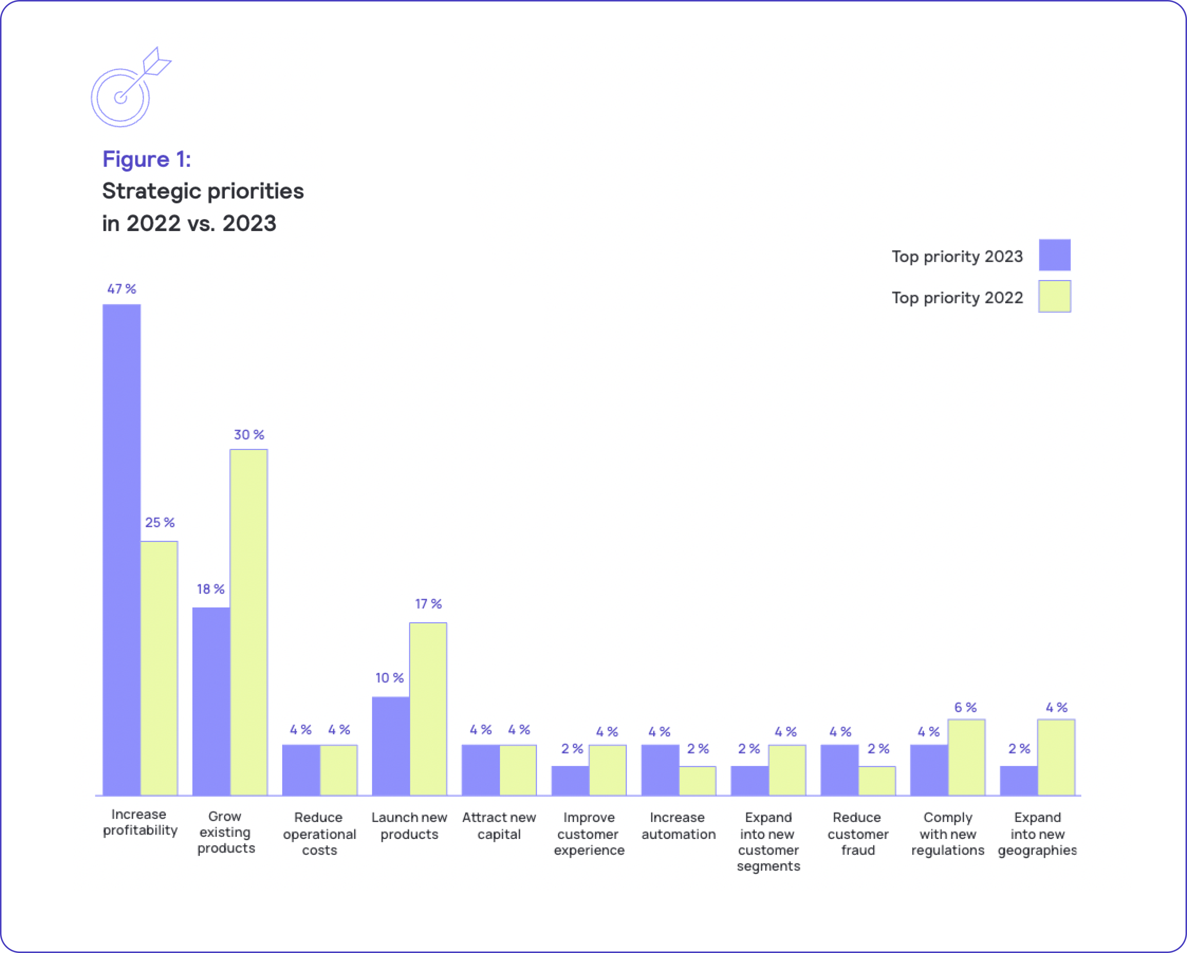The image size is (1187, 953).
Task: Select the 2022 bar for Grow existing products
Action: pyautogui.click(x=249, y=622)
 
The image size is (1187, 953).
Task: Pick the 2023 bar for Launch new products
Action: pyautogui.click(x=390, y=746)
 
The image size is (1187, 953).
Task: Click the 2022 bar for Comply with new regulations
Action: pyautogui.click(x=966, y=757)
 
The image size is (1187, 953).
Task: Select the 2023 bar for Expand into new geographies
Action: pyautogui.click(x=1018, y=781)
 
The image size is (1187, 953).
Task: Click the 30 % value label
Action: pyautogui.click(x=249, y=435)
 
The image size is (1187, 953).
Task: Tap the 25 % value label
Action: pyautogui.click(x=160, y=522)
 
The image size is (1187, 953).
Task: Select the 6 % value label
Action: pyautogui.click(x=965, y=708)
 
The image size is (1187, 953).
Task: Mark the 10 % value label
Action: pyautogui.click(x=390, y=678)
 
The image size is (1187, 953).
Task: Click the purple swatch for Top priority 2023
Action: pyautogui.click(x=1054, y=255)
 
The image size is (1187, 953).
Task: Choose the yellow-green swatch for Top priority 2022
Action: pyautogui.click(x=1054, y=297)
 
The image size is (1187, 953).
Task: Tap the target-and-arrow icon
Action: pyautogui.click(x=130, y=88)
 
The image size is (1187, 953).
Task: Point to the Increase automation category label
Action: pyautogui.click(x=678, y=826)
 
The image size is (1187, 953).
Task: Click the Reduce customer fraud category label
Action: pyautogui.click(x=858, y=833)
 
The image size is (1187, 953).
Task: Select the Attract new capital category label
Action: pyautogui.click(x=499, y=826)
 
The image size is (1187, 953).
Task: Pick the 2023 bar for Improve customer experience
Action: pyautogui.click(x=570, y=781)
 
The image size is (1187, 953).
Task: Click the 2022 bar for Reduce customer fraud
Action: pyautogui.click(x=877, y=781)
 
